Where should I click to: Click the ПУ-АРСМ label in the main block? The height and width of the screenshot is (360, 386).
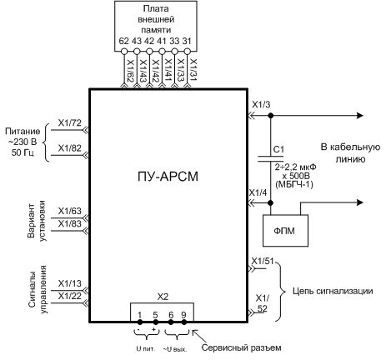168,177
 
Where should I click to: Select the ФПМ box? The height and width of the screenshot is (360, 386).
285,230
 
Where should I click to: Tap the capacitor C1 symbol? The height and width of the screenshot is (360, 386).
271,158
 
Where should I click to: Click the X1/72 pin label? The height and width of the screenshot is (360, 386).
69,122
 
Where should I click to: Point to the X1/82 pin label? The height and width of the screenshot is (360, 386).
69,148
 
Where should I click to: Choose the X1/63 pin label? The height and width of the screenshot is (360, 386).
69,211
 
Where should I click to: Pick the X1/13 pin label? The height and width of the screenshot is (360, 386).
69,283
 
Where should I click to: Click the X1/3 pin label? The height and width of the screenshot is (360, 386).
261,105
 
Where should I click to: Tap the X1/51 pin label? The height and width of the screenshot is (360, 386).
263,262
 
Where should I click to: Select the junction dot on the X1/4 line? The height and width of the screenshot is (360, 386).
271,203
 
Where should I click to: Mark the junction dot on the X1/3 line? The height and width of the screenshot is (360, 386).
271,115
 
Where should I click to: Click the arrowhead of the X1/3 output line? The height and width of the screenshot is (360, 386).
360,115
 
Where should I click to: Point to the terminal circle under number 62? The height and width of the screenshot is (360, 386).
123,52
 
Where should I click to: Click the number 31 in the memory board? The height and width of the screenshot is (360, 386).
187,41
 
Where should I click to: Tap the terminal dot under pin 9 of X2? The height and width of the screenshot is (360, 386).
183,322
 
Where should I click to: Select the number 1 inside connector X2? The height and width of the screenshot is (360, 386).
140,315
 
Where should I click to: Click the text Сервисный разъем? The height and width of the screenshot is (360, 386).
241,347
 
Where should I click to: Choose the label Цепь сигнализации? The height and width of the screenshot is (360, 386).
333,291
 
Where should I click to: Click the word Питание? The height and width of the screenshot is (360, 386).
23,132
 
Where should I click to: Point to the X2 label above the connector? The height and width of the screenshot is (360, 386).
163,297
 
